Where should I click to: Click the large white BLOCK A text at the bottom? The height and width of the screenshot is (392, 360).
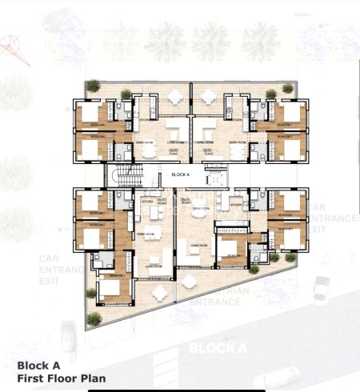point(217,348)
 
